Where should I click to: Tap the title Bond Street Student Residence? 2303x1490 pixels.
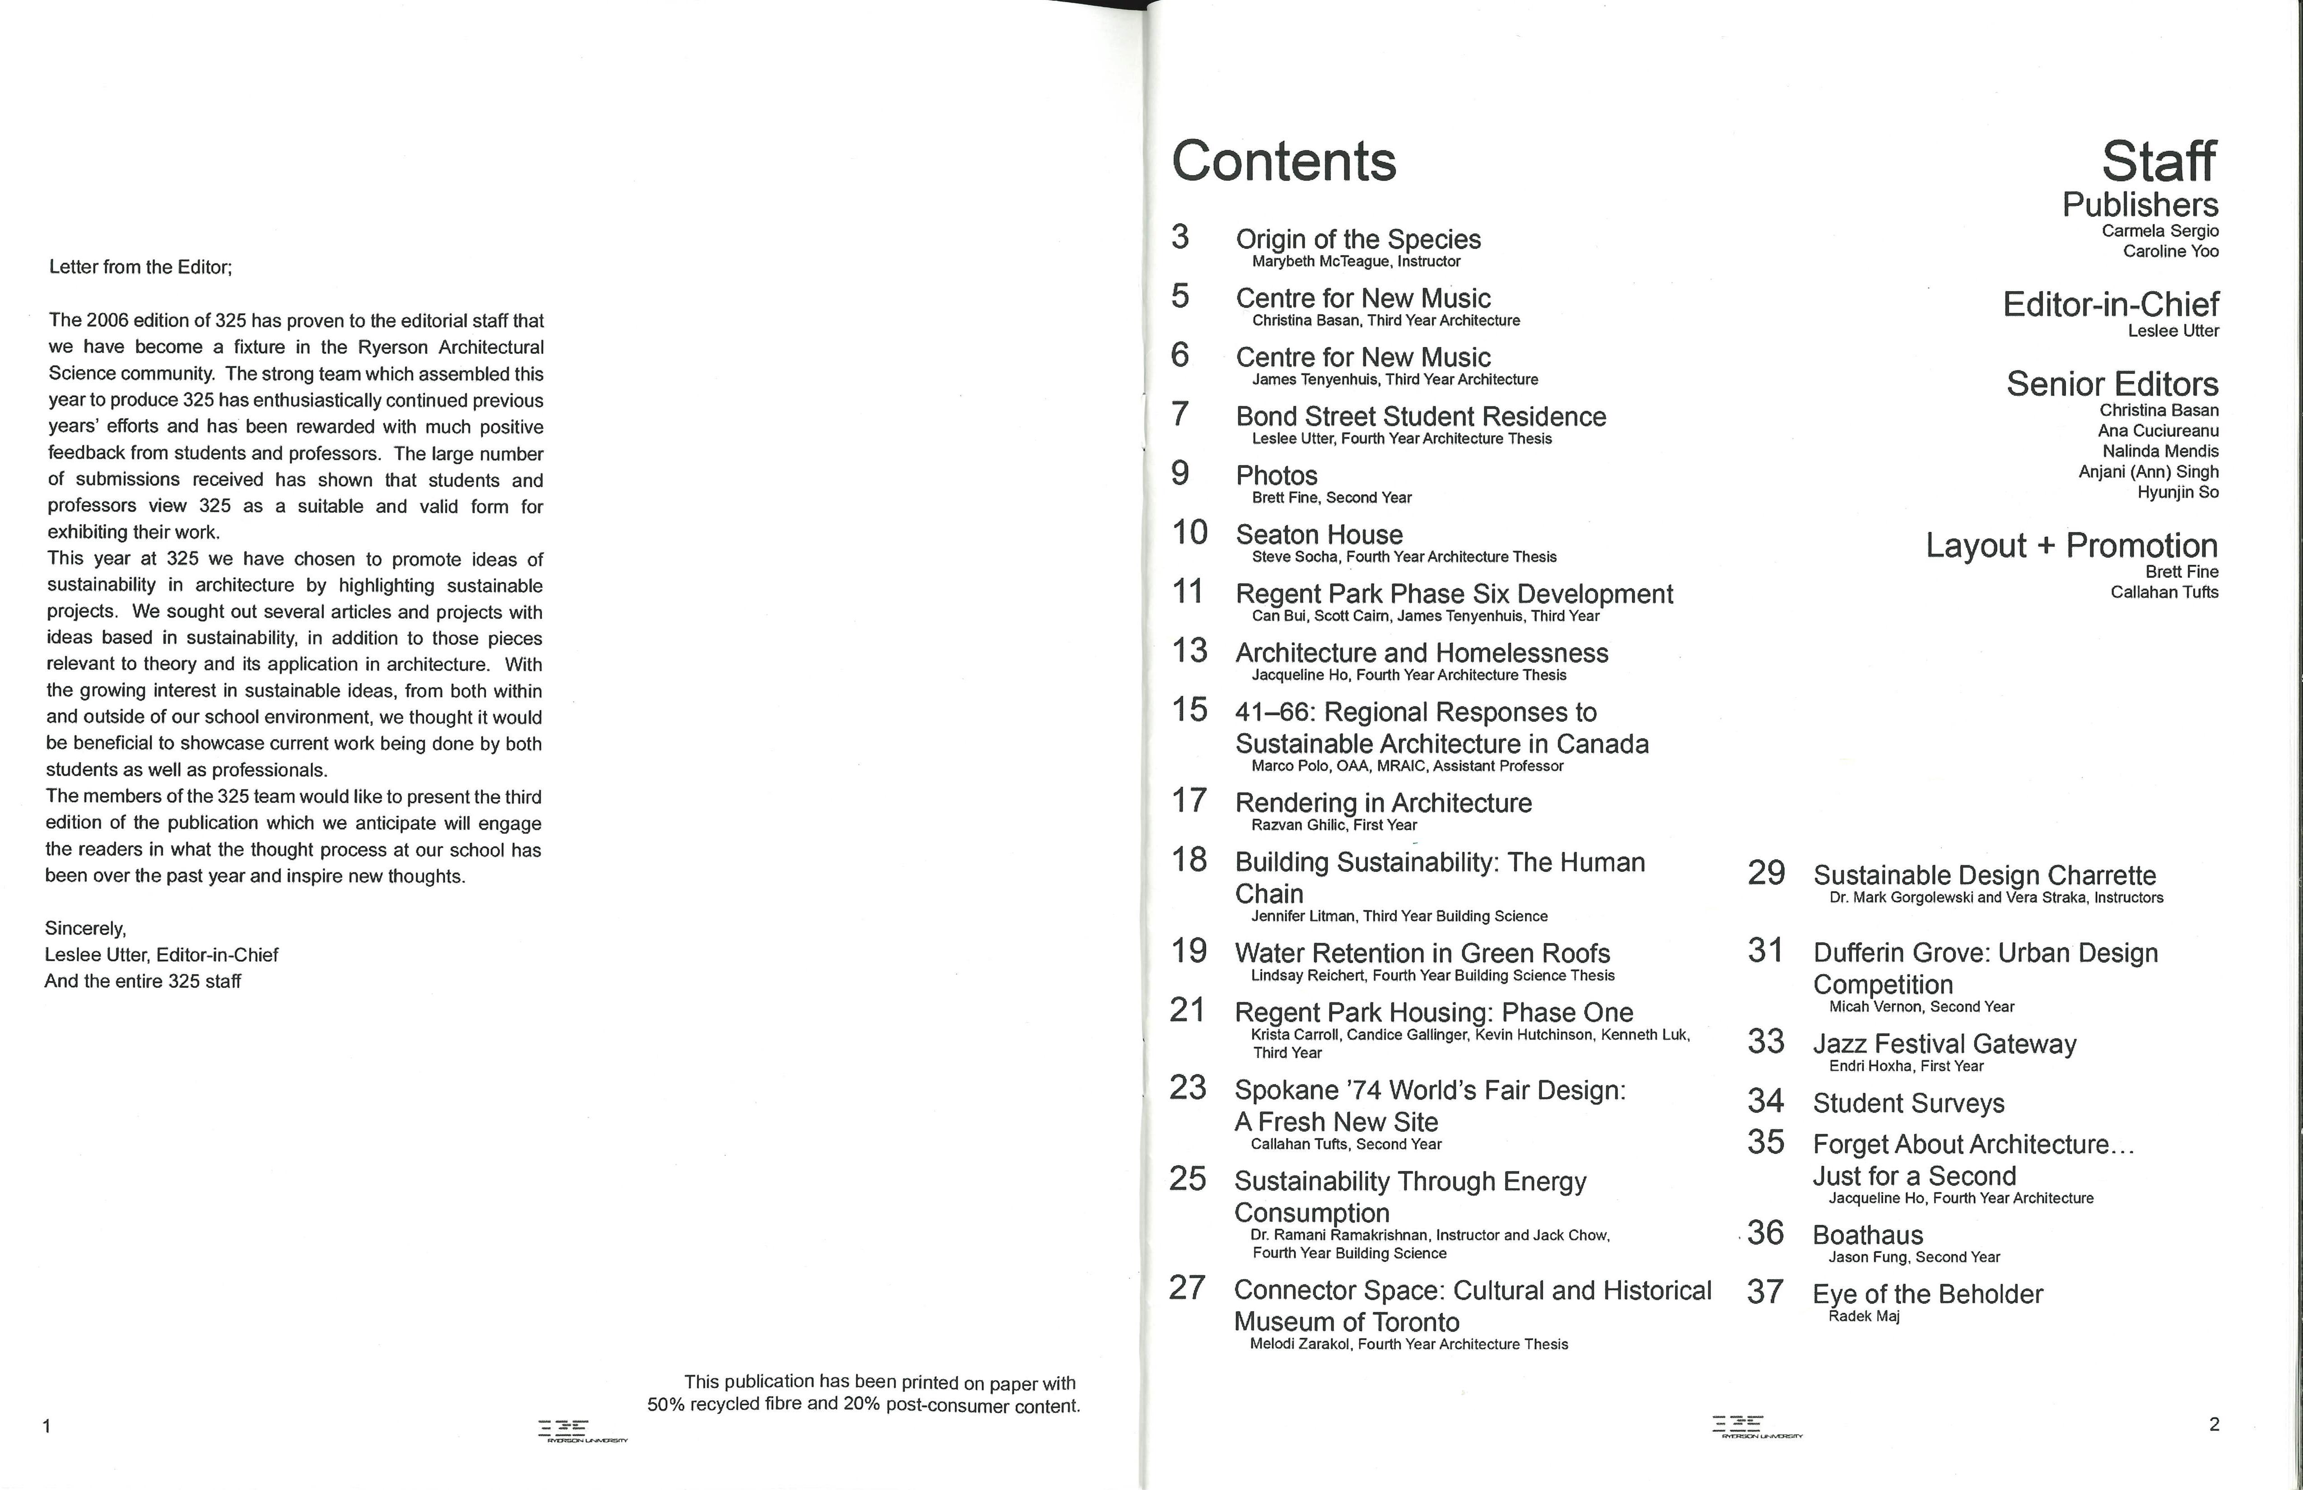tap(1421, 417)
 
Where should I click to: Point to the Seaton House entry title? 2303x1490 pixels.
tap(1319, 535)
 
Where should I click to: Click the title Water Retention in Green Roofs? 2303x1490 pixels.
tap(1422, 953)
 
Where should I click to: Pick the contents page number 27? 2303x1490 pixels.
tap(1187, 1288)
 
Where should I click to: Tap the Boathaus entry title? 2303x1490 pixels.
tap(1868, 1235)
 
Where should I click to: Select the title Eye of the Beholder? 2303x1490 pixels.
tap(1928, 1294)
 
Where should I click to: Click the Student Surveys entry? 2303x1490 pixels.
tap(1908, 1103)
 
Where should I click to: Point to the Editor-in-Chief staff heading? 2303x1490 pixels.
tap(2111, 305)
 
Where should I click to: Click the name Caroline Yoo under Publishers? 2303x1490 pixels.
tap(2170, 251)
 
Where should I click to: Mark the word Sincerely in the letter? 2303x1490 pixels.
tap(85, 929)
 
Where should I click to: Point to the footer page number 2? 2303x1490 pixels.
tap(2214, 1423)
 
